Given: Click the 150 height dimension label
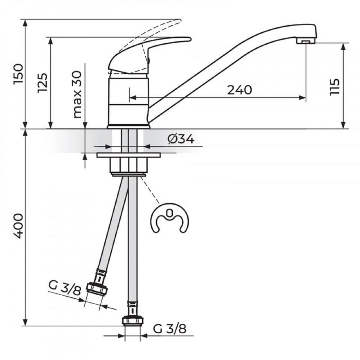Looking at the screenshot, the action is click(x=18, y=74).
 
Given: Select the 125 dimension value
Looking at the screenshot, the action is click(x=42, y=83).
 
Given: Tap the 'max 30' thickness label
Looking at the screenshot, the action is click(x=77, y=95).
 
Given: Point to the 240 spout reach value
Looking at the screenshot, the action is click(x=239, y=90).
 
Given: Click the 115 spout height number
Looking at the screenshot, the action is click(x=334, y=87).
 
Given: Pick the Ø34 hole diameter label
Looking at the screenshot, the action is click(x=181, y=139).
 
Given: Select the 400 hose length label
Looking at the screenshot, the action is click(x=18, y=226).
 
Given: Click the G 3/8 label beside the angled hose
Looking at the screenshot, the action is click(x=65, y=288).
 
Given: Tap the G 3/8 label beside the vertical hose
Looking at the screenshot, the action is click(x=170, y=329).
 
